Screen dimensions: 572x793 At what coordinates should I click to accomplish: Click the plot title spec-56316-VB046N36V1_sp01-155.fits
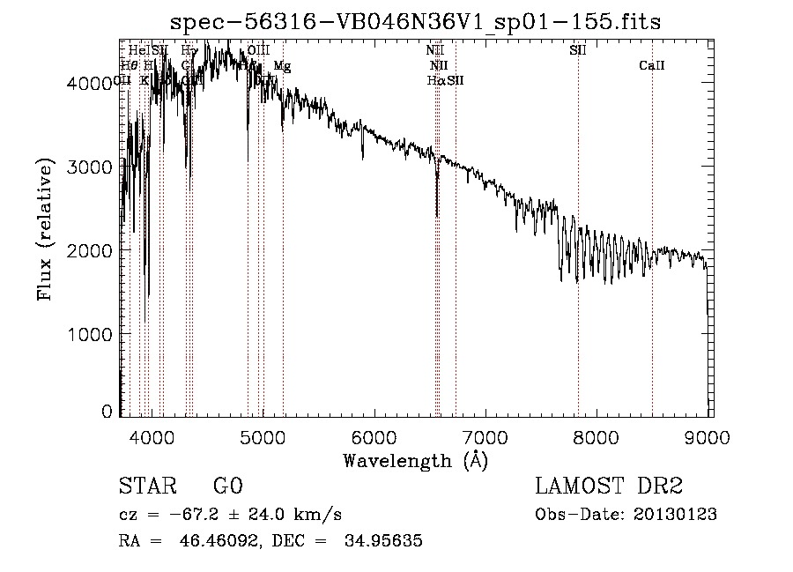tap(415, 21)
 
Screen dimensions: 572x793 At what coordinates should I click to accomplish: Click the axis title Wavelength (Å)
tap(415, 460)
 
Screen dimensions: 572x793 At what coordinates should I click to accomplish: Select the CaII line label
tap(652, 65)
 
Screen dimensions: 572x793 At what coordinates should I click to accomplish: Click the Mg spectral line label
tap(281, 65)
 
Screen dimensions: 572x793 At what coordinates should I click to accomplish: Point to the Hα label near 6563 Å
tap(435, 80)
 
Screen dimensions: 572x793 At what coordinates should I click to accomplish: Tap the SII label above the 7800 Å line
tap(578, 50)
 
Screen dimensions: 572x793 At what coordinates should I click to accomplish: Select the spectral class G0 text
tap(227, 487)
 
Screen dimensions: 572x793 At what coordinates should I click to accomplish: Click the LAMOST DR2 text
tap(608, 487)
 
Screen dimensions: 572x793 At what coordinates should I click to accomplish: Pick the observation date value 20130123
tap(678, 514)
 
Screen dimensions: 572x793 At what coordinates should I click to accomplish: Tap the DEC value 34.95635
tap(385, 540)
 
